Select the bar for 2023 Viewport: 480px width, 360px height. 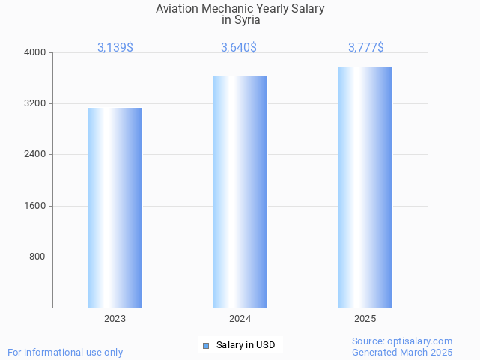(115, 207)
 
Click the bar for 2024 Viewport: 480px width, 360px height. (240, 192)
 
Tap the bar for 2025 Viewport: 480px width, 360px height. (365, 187)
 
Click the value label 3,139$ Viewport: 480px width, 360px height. (115, 48)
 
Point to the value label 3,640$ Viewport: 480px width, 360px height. (239, 48)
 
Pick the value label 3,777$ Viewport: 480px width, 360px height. (366, 48)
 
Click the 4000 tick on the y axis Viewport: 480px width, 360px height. (35, 52)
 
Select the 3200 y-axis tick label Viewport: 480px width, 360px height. (35, 103)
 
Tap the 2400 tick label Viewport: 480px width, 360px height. (35, 155)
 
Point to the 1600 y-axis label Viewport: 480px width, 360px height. (35, 206)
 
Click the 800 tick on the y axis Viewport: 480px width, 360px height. (37, 257)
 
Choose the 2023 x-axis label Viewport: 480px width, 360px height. (115, 319)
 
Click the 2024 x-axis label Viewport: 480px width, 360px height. (240, 319)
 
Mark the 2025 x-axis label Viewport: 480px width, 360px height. (365, 319)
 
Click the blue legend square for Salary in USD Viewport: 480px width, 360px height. (206, 345)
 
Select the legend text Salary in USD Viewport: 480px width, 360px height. (246, 345)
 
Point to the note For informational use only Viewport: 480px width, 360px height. (65, 352)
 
